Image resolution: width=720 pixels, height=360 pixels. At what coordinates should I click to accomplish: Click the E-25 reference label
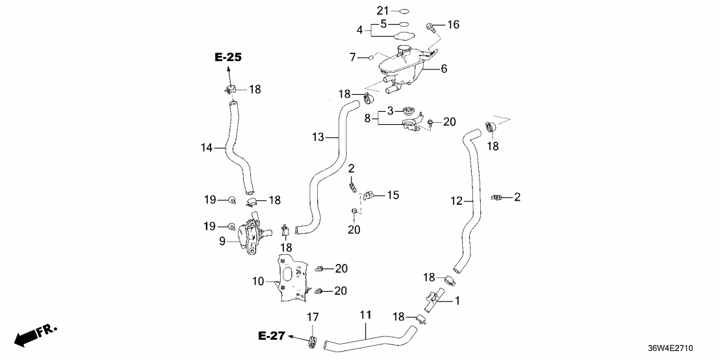tap(228, 57)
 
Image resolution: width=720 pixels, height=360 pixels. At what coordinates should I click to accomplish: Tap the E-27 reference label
tap(272, 336)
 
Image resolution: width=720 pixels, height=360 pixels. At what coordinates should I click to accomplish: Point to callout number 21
tap(382, 10)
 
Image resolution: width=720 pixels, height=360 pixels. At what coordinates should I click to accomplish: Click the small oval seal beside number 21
tap(403, 11)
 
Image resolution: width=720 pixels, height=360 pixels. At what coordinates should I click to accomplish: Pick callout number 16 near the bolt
tap(453, 25)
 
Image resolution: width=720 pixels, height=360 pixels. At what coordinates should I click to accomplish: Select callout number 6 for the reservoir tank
tap(444, 68)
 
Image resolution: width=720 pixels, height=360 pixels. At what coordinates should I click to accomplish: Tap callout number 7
tap(353, 57)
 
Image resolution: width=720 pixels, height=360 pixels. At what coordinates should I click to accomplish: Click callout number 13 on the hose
tap(318, 137)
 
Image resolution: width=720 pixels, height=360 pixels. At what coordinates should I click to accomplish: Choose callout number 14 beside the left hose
tap(207, 148)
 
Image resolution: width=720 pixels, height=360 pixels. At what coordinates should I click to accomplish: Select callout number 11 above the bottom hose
tap(365, 315)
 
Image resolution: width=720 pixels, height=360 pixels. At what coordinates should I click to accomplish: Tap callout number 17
tap(313, 318)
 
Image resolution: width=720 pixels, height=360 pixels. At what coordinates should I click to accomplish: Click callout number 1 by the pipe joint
tap(457, 301)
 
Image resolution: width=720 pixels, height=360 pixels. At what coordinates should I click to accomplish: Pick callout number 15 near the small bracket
tap(392, 194)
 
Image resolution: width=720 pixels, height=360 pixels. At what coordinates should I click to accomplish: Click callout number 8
tap(367, 119)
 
